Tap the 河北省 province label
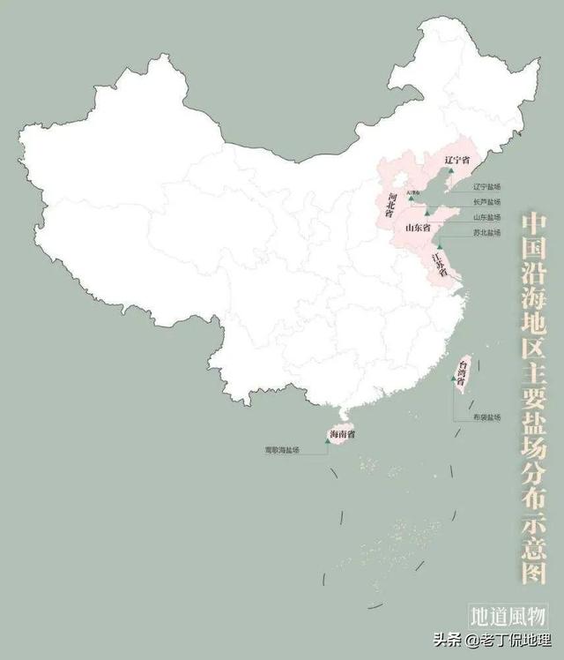click(x=389, y=205)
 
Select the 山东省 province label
click(x=417, y=228)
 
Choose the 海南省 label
click(x=342, y=434)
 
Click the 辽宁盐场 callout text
click(x=486, y=187)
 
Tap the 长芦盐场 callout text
click(x=486, y=202)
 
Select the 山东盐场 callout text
click(x=486, y=217)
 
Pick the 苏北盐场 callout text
click(x=486, y=232)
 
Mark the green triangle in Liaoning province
click(x=450, y=171)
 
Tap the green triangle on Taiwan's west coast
click(x=454, y=379)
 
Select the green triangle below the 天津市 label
click(x=410, y=198)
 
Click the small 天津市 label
click(x=412, y=191)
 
